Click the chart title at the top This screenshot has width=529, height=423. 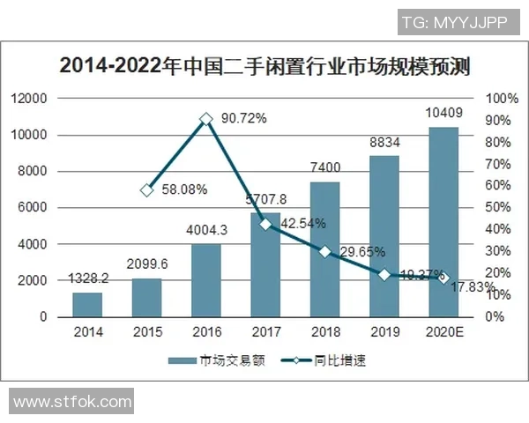264,65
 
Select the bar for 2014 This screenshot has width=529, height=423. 88,304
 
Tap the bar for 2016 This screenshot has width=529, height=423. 206,280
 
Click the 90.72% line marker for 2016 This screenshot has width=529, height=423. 206,118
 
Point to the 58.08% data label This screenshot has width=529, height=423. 184,189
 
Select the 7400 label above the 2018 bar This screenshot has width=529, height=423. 324,167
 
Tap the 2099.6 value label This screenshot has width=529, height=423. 147,263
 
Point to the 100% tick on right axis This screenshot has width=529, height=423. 499,98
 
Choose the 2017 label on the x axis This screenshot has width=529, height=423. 265,332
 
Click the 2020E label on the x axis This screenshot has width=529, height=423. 443,332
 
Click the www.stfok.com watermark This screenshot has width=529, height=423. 72,401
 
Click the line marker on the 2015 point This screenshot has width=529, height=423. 147,189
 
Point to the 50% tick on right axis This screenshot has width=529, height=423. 496,207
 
